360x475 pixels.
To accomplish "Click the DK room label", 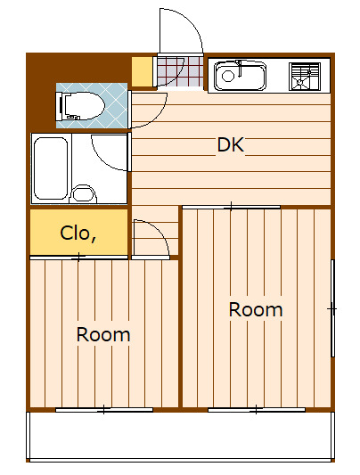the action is [231, 144].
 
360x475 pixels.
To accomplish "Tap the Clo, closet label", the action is [78, 233].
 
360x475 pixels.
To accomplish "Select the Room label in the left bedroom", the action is [103, 334].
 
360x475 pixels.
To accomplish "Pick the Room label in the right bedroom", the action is [256, 309].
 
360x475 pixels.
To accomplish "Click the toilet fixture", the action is [80, 106].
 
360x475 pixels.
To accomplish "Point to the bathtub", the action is [51, 168].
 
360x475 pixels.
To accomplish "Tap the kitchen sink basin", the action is [240, 76].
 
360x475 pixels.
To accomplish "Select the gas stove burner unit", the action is [305, 77].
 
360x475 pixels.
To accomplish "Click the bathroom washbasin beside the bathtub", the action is [83, 194].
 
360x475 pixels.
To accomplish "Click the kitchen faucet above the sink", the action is [240, 68].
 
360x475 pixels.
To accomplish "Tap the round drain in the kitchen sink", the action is [228, 76].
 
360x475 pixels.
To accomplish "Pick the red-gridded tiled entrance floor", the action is [181, 71].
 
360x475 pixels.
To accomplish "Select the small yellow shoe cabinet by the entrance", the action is [142, 71].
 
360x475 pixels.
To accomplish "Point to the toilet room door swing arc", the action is [159, 115].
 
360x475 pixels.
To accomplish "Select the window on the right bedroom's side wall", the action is [332, 307].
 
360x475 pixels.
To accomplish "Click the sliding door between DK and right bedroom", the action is [231, 208].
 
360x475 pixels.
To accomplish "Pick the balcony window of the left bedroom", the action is [104, 410].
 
